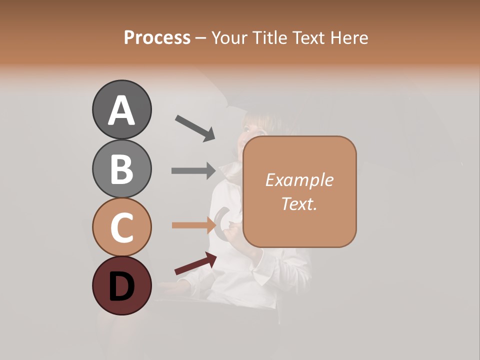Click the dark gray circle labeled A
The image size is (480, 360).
coord(121,109)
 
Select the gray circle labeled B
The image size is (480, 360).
coord(121,168)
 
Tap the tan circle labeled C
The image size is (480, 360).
coord(121,227)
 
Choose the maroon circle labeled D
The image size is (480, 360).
coord(121,285)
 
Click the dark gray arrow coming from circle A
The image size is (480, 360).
coord(195,127)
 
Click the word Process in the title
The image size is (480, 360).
coord(157,37)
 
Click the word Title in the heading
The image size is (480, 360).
coord(270,37)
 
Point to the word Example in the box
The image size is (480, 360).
coord(299,180)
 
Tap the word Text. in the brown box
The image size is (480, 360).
coord(299,203)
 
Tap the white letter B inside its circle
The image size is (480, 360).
coord(121,168)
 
